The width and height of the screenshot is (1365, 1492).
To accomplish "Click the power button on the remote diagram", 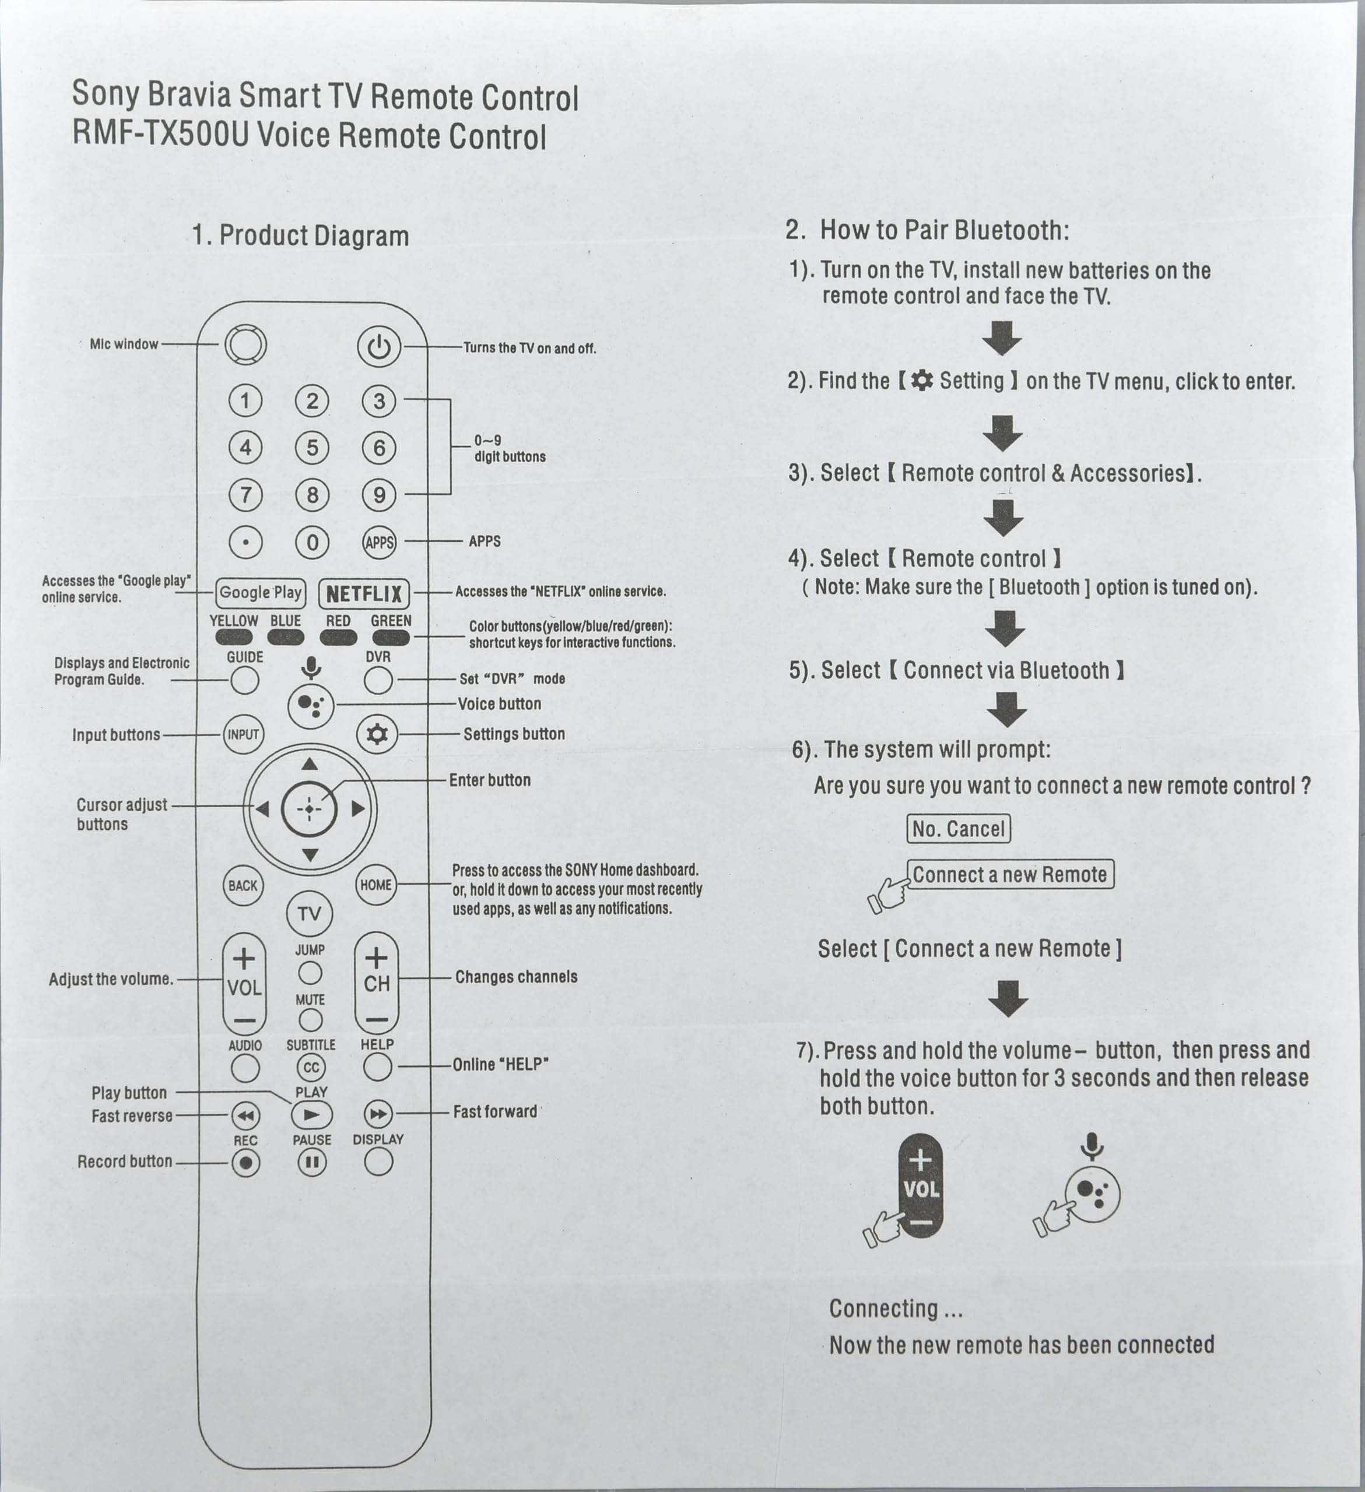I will (378, 346).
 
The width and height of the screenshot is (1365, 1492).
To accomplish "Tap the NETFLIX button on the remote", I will (363, 593).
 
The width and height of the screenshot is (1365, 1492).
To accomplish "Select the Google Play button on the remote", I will (260, 592).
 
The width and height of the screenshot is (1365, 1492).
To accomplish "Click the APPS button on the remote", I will (379, 543).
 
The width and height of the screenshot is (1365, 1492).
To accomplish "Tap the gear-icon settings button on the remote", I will (377, 734).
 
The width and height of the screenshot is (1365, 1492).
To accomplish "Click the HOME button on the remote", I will (376, 885).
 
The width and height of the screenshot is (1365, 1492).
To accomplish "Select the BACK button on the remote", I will (243, 885).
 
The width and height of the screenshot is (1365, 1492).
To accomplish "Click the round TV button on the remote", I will (310, 914).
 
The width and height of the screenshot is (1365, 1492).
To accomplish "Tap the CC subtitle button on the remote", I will (311, 1067).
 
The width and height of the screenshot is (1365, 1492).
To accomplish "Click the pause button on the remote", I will (311, 1162).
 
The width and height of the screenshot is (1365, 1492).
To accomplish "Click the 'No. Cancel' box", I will (958, 829).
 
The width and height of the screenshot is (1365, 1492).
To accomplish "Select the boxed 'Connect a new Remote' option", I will (1010, 874).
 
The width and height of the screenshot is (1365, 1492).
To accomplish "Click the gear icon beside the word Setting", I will (922, 381).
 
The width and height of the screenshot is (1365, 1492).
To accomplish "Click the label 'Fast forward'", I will (494, 1111).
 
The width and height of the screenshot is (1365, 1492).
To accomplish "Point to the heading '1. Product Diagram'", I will (300, 235).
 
